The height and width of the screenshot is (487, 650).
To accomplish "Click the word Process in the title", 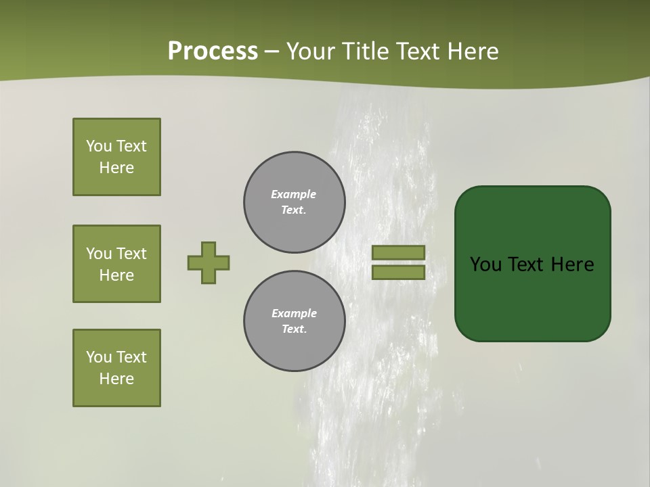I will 213,51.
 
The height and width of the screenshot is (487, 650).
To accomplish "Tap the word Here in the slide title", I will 472,51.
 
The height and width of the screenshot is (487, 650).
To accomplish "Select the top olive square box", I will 116,157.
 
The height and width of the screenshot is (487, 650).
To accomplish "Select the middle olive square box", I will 116,264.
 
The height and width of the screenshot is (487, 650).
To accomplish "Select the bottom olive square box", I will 116,368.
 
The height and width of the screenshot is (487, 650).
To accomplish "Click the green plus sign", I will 209,262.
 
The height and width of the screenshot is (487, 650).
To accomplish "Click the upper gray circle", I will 295,202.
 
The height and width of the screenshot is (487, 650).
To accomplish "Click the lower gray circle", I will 295,321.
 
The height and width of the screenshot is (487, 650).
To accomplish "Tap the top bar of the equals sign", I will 398,253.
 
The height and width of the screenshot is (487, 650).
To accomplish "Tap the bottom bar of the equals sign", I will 398,273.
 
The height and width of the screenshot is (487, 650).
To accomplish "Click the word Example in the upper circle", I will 293,194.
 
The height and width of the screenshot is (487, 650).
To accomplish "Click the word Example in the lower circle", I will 294,313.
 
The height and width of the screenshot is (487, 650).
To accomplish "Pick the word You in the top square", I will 99,146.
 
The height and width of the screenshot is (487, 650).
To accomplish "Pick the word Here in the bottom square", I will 116,379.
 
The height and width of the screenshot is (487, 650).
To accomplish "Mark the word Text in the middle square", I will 131,254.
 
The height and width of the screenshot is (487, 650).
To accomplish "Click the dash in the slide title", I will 272,51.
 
